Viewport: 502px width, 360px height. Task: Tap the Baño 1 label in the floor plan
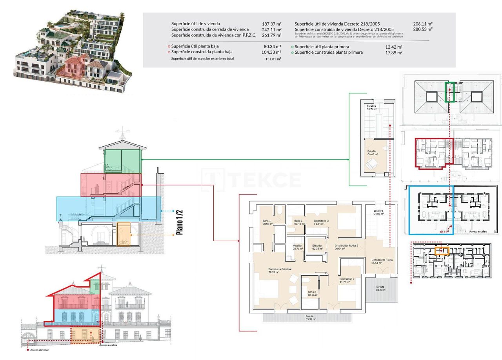point(267,221)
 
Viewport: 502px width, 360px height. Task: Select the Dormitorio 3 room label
point(321,221)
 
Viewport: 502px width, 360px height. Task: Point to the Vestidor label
point(298,245)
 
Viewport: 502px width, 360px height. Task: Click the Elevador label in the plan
point(317,245)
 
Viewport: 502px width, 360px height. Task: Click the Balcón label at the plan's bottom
point(309,316)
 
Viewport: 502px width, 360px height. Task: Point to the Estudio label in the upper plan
point(372,151)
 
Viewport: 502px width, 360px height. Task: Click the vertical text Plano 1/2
point(180,222)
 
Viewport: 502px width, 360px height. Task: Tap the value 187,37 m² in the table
point(271,24)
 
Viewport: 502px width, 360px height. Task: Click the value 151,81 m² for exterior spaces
point(273,59)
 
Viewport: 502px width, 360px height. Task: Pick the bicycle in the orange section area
point(124,242)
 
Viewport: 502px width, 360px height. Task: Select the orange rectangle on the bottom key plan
point(442,251)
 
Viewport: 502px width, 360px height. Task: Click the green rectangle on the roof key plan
point(450,92)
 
